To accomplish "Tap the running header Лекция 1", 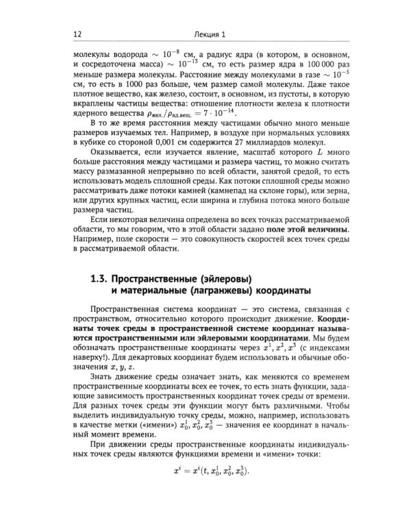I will click(x=205, y=34).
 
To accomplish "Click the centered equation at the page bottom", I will click(x=205, y=472).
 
